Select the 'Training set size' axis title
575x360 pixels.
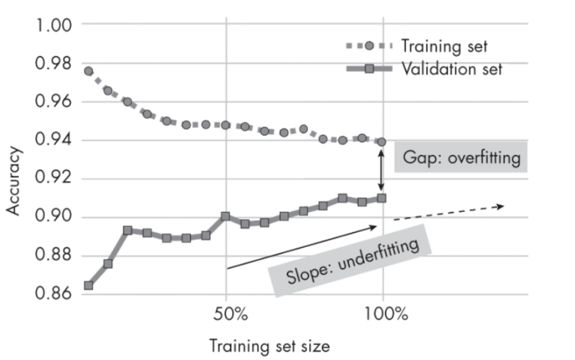pyautogui.click(x=269, y=347)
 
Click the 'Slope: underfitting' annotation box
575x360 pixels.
pyautogui.click(x=350, y=260)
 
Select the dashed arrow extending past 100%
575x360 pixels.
pyautogui.click(x=448, y=212)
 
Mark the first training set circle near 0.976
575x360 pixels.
pyautogui.click(x=88, y=71)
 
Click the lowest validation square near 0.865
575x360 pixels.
pyautogui.click(x=88, y=285)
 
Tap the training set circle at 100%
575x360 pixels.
pyautogui.click(x=382, y=142)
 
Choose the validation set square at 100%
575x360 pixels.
pyautogui.click(x=382, y=198)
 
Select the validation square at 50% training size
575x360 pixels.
pyautogui.click(x=225, y=216)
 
